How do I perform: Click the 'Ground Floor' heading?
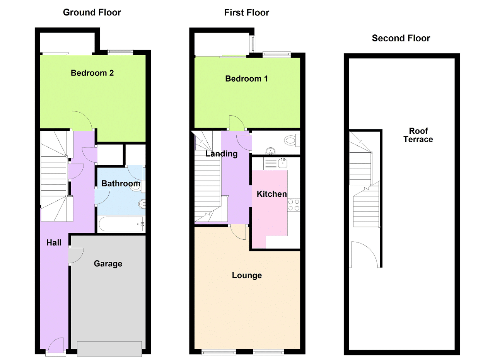tap(92, 12)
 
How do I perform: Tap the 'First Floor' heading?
tap(247, 13)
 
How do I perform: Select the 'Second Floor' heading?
tap(401, 38)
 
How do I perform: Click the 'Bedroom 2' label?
tap(92, 73)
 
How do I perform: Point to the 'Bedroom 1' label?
tap(246, 78)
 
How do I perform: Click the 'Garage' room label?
tap(108, 264)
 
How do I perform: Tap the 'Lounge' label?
tap(247, 275)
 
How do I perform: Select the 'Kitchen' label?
tap(271, 194)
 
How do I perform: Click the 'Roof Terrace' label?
tap(418, 135)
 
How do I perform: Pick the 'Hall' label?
tap(54, 243)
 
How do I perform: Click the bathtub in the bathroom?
tap(121, 224)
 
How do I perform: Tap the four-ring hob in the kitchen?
tap(294, 205)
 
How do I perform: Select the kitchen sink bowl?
tap(283, 164)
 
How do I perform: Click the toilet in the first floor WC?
tap(292, 140)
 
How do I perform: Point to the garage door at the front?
tap(109, 349)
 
